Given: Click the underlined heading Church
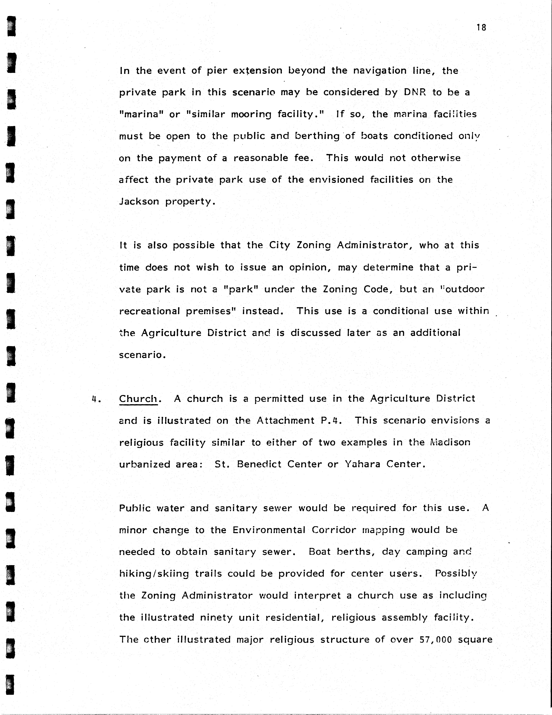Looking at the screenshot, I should click(x=138, y=399).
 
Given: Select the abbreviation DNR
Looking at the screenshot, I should click(x=415, y=92).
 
